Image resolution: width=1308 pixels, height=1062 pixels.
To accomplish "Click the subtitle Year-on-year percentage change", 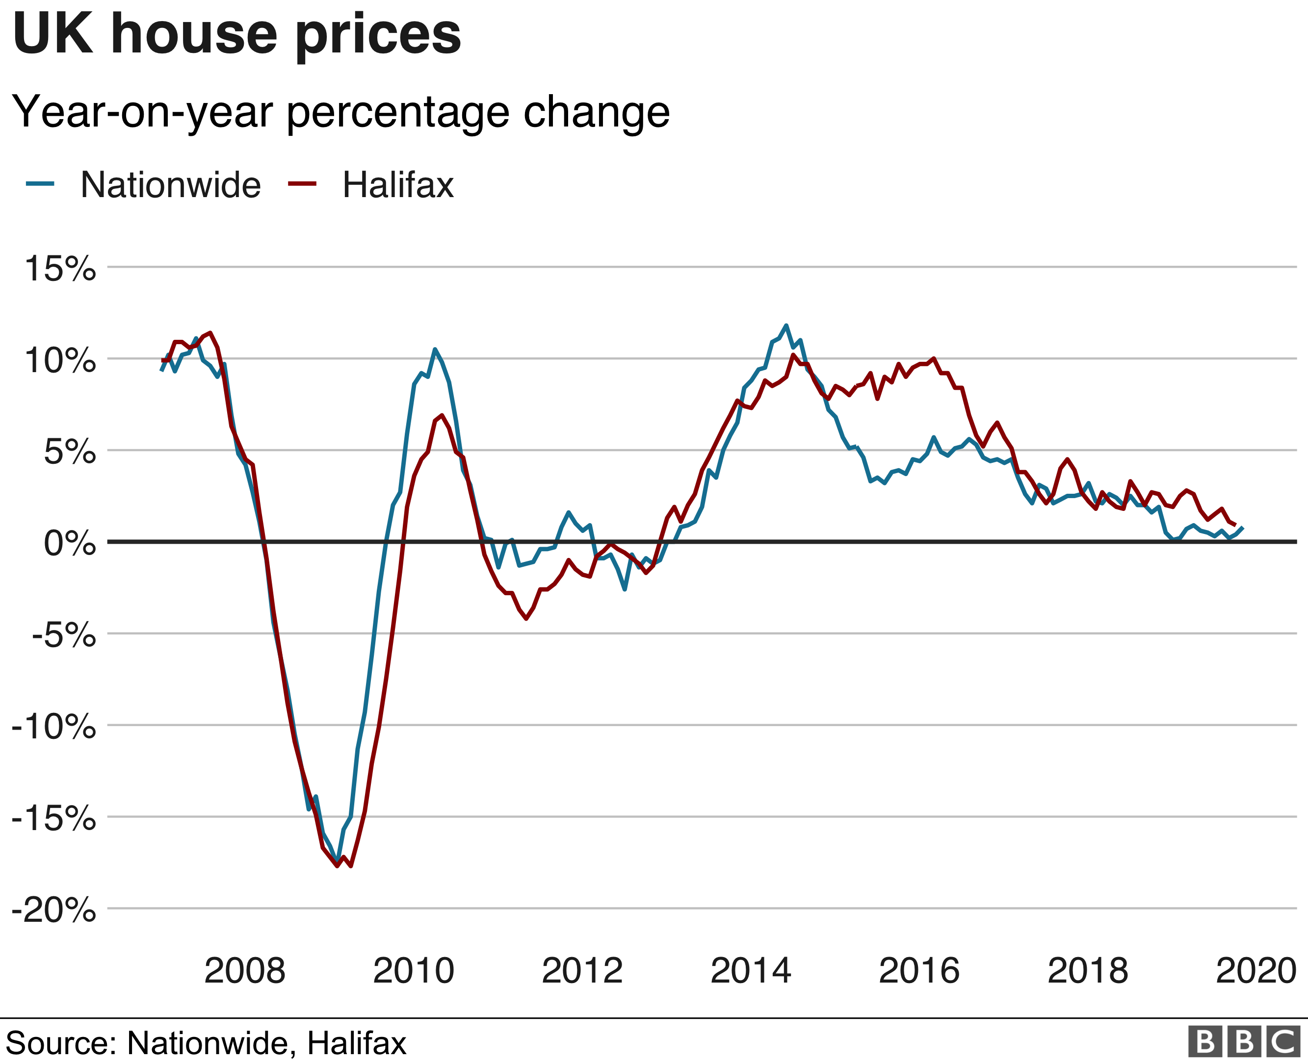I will point(340,112).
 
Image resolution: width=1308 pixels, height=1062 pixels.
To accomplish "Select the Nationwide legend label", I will point(170,185).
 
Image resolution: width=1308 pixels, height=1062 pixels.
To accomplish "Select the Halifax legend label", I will point(398,185).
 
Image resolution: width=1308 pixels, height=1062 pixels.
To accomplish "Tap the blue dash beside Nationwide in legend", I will point(40,183).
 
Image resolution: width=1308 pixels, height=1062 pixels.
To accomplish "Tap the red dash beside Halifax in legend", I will point(302,183).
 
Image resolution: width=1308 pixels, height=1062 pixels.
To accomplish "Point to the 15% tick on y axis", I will point(60,269).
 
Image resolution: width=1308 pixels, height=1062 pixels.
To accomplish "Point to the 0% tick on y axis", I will point(69,543).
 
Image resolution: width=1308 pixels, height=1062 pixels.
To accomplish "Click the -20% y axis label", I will point(54,910).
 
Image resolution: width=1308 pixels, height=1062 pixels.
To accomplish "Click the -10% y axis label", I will point(54,727).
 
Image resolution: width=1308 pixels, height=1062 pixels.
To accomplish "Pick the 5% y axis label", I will point(69,452).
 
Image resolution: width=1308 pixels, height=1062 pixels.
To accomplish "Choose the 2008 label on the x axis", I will point(244,971).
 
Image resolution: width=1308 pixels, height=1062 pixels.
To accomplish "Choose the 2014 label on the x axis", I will point(750,971).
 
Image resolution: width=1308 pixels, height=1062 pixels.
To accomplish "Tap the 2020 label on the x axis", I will point(1256,971).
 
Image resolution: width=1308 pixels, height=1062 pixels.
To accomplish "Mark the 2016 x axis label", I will point(919,971).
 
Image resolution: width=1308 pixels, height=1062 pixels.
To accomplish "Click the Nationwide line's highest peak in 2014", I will point(786,326).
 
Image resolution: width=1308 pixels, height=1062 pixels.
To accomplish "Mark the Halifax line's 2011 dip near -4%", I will point(526,618).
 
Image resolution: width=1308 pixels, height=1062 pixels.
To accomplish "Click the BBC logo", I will point(1244,1042).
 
